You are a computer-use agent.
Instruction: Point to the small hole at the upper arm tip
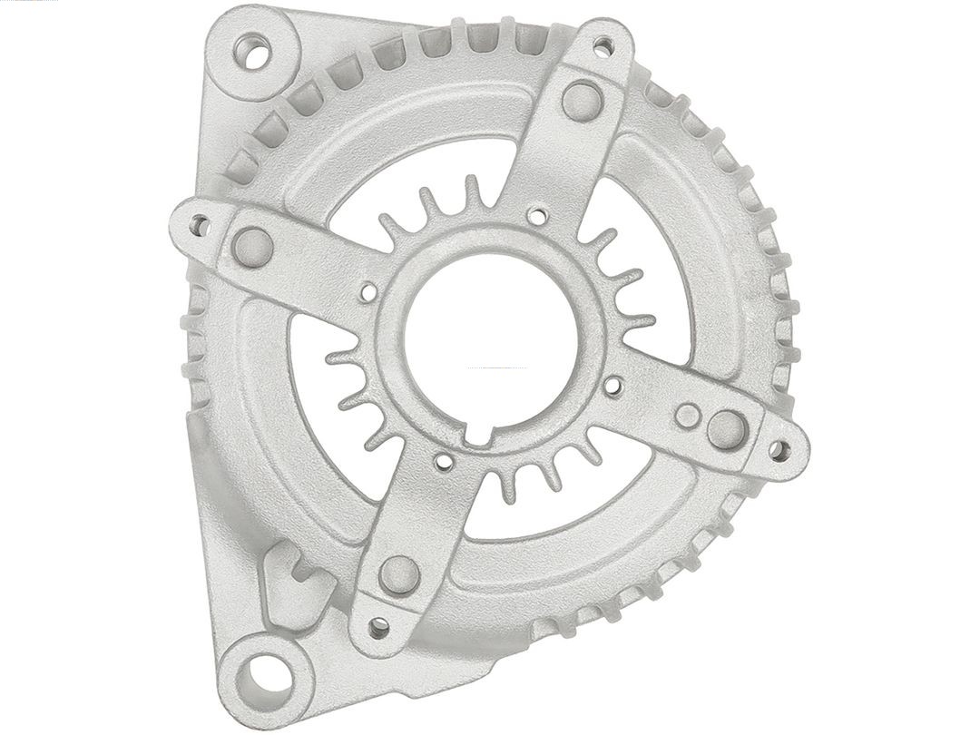coord(602,44)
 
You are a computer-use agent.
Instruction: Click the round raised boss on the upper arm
coord(582,100)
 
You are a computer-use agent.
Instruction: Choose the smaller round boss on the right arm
coord(687,416)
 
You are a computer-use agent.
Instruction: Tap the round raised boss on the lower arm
coord(399,574)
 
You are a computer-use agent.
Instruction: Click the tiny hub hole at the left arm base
coord(368,291)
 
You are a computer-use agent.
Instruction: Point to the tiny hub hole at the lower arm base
coord(444,462)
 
